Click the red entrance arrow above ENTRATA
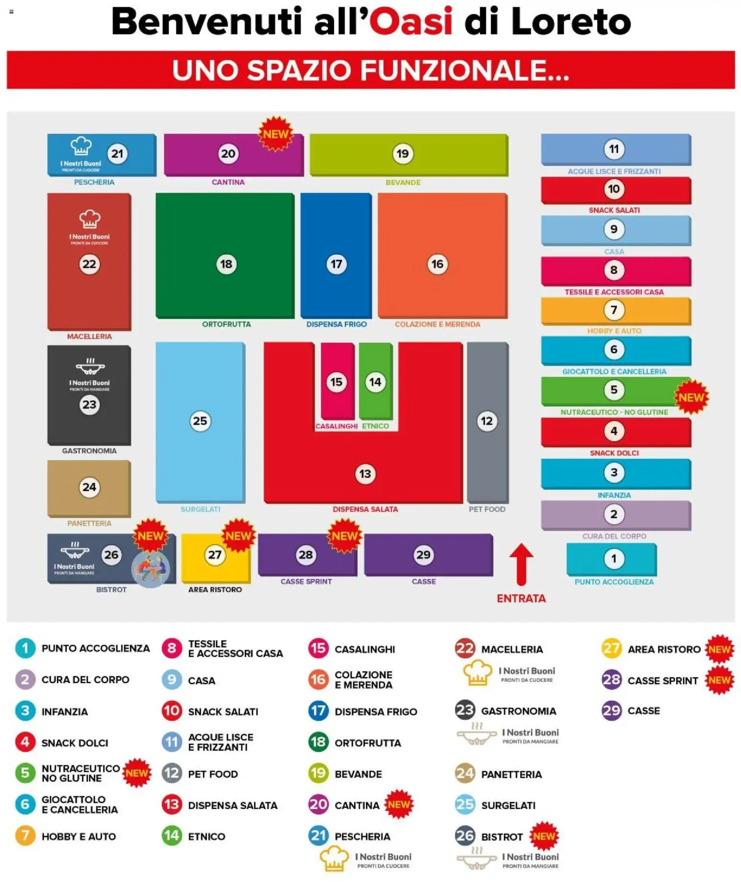pyautogui.click(x=521, y=563)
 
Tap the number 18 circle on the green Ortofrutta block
pyautogui.click(x=226, y=264)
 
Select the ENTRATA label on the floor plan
pyautogui.click(x=521, y=598)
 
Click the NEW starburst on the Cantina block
pyautogui.click(x=275, y=134)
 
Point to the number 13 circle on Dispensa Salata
pyautogui.click(x=365, y=474)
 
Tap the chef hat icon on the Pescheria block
pyautogui.click(x=81, y=146)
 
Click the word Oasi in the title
pyautogui.click(x=410, y=22)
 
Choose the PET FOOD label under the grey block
pyautogui.click(x=487, y=509)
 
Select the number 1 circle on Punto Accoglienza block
pyautogui.click(x=614, y=558)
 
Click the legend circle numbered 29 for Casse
pyautogui.click(x=611, y=711)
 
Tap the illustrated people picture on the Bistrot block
pyautogui.click(x=150, y=569)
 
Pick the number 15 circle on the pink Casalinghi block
pyautogui.click(x=337, y=382)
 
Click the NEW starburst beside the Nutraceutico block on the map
pyautogui.click(x=691, y=397)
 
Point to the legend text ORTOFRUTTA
pyautogui.click(x=368, y=743)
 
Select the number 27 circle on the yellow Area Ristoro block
pyautogui.click(x=215, y=554)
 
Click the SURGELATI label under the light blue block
pyautogui.click(x=200, y=509)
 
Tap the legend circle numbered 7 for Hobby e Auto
pyautogui.click(x=25, y=836)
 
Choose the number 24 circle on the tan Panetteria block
pyautogui.click(x=89, y=487)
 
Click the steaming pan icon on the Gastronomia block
pyautogui.click(x=90, y=366)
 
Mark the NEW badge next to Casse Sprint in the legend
pyautogui.click(x=719, y=680)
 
